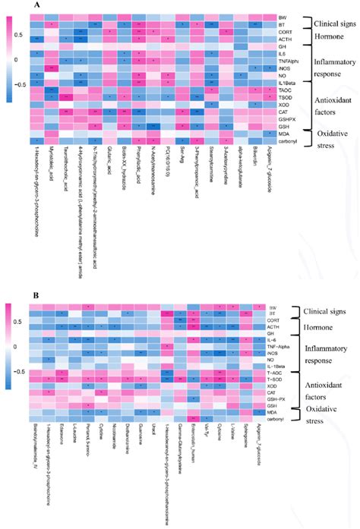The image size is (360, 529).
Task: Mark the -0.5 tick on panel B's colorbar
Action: click(11, 372)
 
